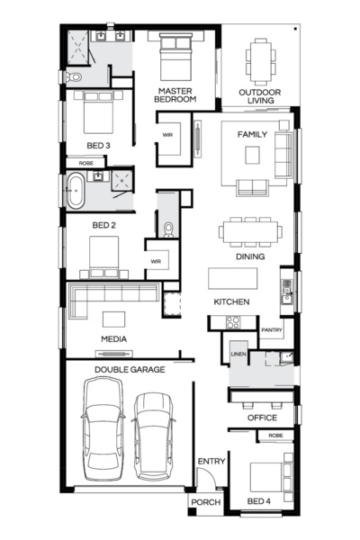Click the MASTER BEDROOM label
[x=176, y=95]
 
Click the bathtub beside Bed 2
[x=76, y=192]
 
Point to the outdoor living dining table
[x=261, y=58]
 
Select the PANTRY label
[x=272, y=330]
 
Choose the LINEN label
[x=238, y=355]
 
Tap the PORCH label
[x=205, y=502]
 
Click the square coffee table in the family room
[x=253, y=155]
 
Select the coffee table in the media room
[x=113, y=319]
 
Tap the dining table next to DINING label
[x=247, y=232]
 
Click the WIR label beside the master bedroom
[x=167, y=135]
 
